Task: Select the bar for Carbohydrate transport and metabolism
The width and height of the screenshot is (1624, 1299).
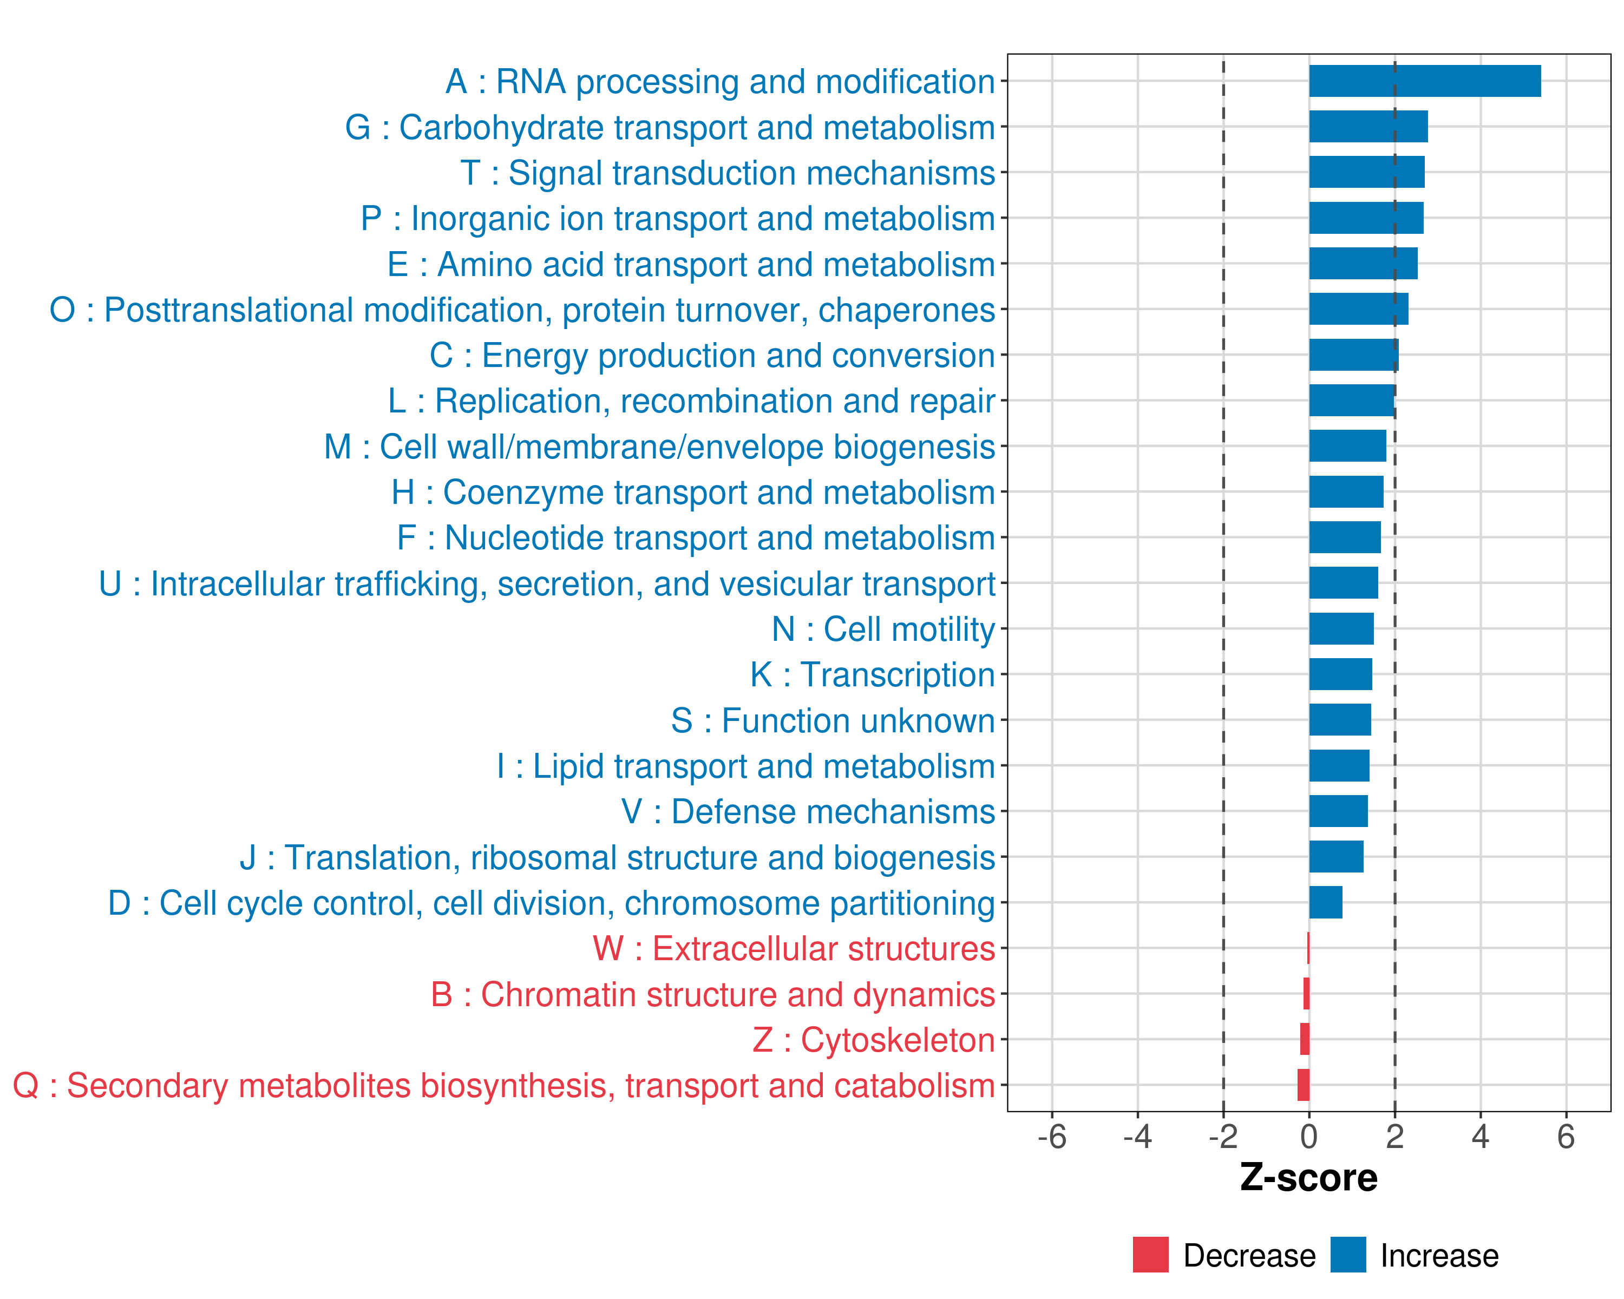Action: point(1368,127)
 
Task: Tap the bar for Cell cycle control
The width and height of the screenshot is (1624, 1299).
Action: point(1326,902)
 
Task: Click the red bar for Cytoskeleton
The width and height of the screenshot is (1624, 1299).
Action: point(1305,1039)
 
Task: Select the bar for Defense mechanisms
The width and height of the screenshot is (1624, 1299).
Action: point(1339,811)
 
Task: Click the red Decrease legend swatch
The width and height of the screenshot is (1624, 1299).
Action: point(1150,1255)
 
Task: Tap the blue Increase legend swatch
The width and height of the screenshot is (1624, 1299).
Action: point(1348,1255)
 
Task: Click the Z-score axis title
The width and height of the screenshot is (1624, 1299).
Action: point(1309,1178)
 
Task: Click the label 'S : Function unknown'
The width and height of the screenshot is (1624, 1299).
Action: point(833,720)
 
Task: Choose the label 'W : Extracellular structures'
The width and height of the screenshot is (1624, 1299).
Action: point(794,949)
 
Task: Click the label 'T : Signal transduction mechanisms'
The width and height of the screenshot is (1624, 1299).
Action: point(728,173)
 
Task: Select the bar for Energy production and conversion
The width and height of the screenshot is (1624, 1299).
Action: point(1353,355)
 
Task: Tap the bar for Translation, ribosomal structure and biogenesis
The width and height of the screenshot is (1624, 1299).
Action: point(1336,856)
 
